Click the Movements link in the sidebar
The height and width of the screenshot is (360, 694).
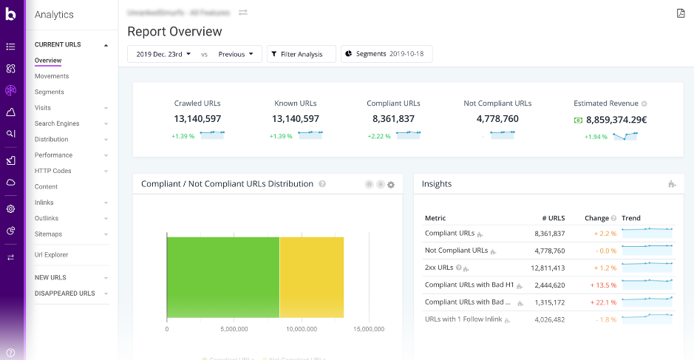tap(52, 76)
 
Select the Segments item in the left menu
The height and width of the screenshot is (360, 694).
tap(50, 92)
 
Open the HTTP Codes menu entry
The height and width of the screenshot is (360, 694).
tap(53, 171)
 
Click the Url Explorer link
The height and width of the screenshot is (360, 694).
tap(52, 255)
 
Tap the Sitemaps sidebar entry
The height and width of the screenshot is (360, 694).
tap(49, 234)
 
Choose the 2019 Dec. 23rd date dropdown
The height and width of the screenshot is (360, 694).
tap(163, 54)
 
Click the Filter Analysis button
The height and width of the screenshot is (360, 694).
tap(301, 54)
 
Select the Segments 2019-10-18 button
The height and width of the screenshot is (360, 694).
tap(387, 54)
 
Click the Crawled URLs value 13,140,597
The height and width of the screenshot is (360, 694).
tap(197, 118)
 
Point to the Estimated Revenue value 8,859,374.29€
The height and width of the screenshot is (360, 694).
tap(616, 119)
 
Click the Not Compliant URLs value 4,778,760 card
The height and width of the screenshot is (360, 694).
tap(497, 118)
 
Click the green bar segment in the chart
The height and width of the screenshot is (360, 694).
tap(222, 277)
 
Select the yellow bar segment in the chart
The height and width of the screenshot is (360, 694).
tap(311, 277)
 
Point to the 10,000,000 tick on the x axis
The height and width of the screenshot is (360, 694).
tap(302, 329)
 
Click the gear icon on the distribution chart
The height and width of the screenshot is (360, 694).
tap(391, 184)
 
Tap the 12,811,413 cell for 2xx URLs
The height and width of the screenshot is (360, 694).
tap(548, 268)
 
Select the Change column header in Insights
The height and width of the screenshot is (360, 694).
tap(596, 218)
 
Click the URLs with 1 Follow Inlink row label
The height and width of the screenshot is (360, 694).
tap(463, 319)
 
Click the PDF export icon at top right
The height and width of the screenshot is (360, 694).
tap(681, 13)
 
